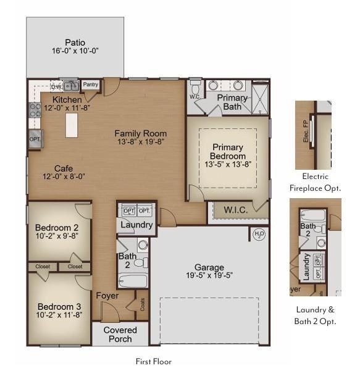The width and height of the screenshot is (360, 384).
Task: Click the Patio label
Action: click(x=75, y=43)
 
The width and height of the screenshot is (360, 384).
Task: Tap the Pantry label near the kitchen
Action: click(x=91, y=85)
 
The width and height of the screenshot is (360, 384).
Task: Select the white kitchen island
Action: click(x=72, y=125)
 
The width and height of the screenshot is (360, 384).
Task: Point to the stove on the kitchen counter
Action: click(x=36, y=111)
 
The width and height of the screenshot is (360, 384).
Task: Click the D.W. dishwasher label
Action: click(x=56, y=86)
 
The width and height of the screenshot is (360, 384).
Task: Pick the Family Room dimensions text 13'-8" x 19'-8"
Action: click(x=140, y=141)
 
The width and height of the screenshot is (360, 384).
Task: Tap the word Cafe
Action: click(x=64, y=168)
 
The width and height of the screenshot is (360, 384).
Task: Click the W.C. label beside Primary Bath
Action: click(x=195, y=96)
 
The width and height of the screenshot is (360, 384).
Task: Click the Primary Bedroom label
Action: click(x=228, y=151)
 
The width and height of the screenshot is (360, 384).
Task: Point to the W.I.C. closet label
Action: click(x=235, y=210)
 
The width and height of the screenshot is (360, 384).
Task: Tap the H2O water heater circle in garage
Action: click(x=259, y=234)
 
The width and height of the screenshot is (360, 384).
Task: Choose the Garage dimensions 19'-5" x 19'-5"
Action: click(x=209, y=275)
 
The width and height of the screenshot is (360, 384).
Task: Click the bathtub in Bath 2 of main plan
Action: click(x=133, y=282)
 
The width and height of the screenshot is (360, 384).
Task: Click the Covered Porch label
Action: click(x=120, y=335)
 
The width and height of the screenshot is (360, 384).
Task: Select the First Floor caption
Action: click(x=153, y=361)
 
